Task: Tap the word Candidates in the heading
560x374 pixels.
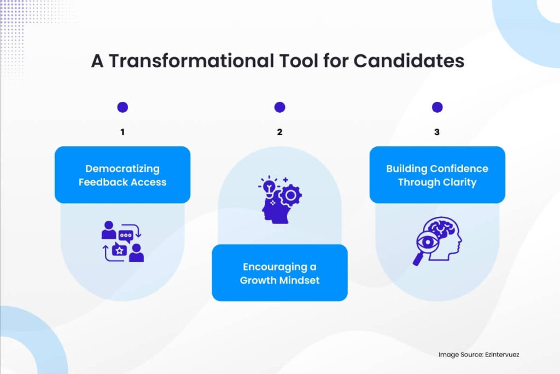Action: (x=409, y=61)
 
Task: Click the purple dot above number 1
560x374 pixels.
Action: (x=122, y=107)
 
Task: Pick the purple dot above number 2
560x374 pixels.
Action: (x=279, y=107)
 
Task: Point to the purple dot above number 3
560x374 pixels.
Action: (x=437, y=107)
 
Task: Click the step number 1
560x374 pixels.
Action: (x=122, y=132)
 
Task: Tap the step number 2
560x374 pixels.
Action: (x=279, y=132)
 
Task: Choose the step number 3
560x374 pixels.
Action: (x=437, y=132)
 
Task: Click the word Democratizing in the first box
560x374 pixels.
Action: (x=122, y=169)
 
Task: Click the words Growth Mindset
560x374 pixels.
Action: (x=279, y=280)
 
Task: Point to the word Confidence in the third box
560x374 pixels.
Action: (x=460, y=169)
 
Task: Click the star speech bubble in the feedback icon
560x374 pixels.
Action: (x=119, y=250)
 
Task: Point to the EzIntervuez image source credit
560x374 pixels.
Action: (x=479, y=354)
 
